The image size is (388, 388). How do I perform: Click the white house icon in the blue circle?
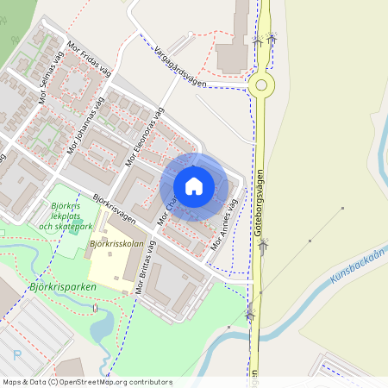pos(194,186)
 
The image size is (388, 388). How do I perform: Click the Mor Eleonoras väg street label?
pos(144,135)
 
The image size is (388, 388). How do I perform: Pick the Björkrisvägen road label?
pos(114,206)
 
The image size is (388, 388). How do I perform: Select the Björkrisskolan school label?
pos(116,244)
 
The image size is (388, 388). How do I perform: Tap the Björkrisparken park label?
pos(62,286)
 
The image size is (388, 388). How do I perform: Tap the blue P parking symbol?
pos(16,354)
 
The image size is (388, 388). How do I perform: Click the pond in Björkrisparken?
pos(102,327)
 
